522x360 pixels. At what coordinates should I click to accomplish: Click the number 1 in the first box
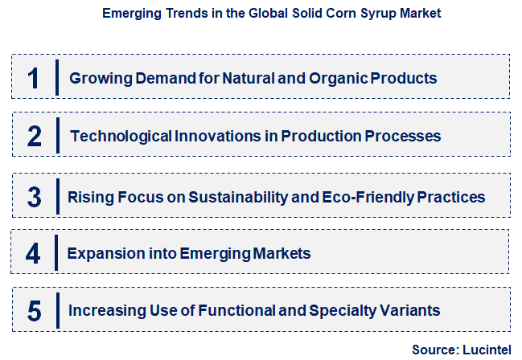coord(33,79)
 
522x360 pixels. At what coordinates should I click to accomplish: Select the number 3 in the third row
coord(34,197)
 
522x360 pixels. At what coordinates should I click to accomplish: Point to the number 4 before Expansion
coord(33,254)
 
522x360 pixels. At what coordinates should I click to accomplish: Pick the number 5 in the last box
coord(33,310)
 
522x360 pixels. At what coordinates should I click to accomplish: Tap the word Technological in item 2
coord(121,137)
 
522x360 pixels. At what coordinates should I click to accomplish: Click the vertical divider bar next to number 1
coord(57,78)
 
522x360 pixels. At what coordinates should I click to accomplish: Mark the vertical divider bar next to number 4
coord(56,253)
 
